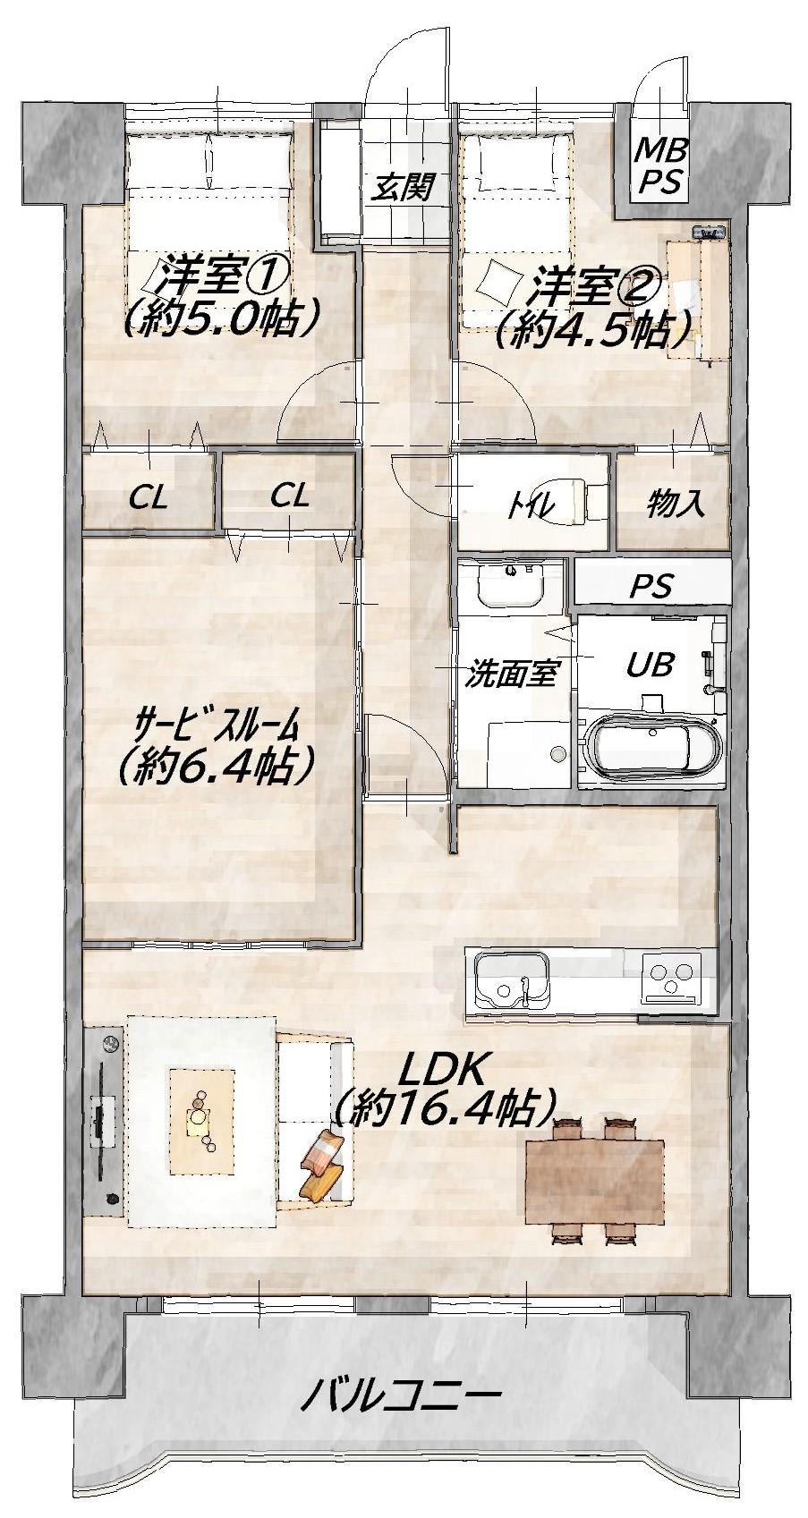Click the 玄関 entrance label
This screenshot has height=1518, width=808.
coord(403,187)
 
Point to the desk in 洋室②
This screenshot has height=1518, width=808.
coord(698,298)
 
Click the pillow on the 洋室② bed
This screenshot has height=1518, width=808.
coord(499,284)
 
